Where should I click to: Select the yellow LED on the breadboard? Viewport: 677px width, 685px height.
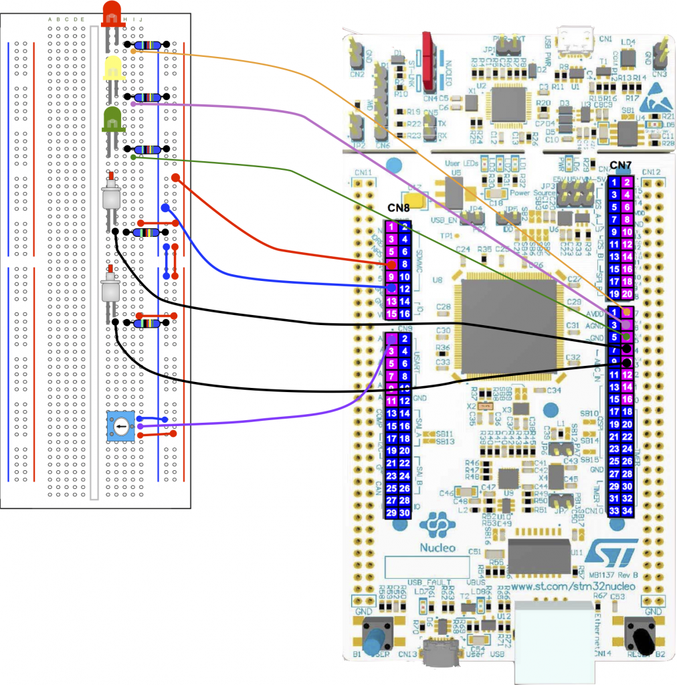[112, 68]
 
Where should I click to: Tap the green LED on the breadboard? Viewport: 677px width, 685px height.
[112, 119]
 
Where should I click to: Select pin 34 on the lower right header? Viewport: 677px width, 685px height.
[627, 511]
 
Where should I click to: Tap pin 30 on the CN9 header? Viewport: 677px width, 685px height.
[404, 513]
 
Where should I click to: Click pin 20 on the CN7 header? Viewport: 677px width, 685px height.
[627, 294]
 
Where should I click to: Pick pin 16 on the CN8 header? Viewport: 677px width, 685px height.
[404, 314]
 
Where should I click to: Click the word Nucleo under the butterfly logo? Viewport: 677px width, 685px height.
[438, 547]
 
